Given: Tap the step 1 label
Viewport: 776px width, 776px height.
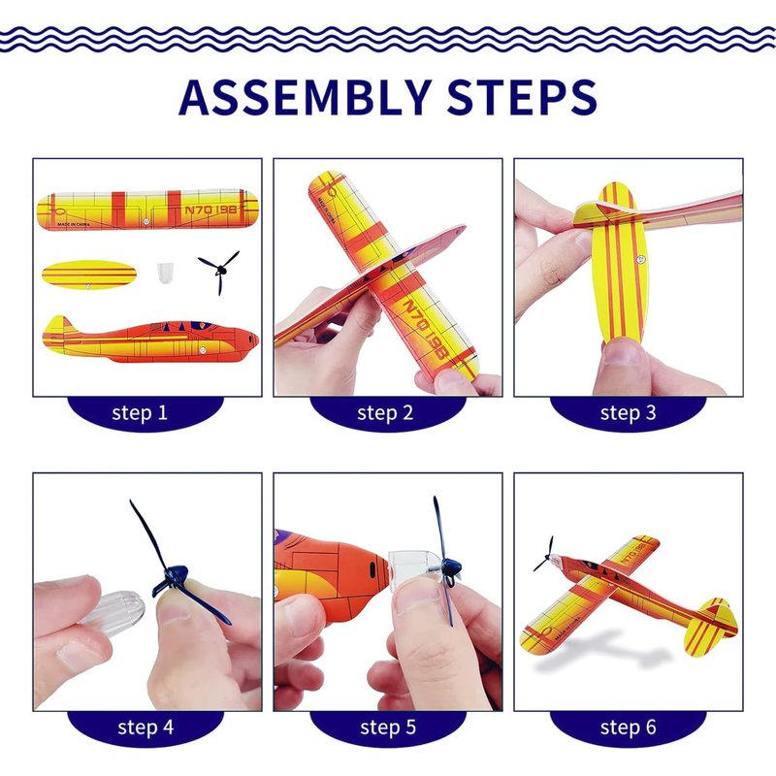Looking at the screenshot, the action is pyautogui.click(x=140, y=413).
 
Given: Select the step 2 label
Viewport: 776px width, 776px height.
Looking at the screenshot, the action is pyautogui.click(x=385, y=413).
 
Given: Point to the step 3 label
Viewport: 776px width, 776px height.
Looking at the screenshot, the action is pyautogui.click(x=628, y=413).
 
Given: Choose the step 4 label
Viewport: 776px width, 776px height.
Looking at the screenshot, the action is pyautogui.click(x=145, y=727).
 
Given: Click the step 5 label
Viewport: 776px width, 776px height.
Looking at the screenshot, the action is pyautogui.click(x=388, y=727).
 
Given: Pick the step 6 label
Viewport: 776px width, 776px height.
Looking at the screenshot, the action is pyautogui.click(x=628, y=727).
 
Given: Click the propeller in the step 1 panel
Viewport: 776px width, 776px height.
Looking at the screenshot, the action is pyautogui.click(x=220, y=271).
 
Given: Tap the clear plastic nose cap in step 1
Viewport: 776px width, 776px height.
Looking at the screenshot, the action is pyautogui.click(x=164, y=273).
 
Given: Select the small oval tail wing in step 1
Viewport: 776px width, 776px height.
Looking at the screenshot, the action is pyautogui.click(x=89, y=275).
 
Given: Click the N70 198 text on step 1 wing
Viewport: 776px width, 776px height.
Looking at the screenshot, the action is pyautogui.click(x=211, y=210).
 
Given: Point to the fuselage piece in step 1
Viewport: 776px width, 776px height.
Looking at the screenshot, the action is pyautogui.click(x=150, y=339).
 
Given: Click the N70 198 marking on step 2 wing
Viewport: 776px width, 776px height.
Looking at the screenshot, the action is pyautogui.click(x=425, y=329).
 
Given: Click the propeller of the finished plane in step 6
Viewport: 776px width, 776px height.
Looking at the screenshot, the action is pyautogui.click(x=545, y=555).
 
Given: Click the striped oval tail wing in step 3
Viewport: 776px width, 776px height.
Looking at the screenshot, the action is pyautogui.click(x=620, y=263).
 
